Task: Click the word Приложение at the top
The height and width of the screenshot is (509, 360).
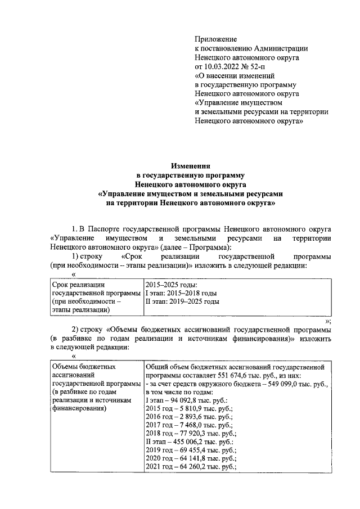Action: click(215, 39)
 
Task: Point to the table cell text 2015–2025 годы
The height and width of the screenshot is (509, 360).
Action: click(171, 285)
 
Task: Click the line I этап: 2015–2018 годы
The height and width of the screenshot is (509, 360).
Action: click(181, 293)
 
